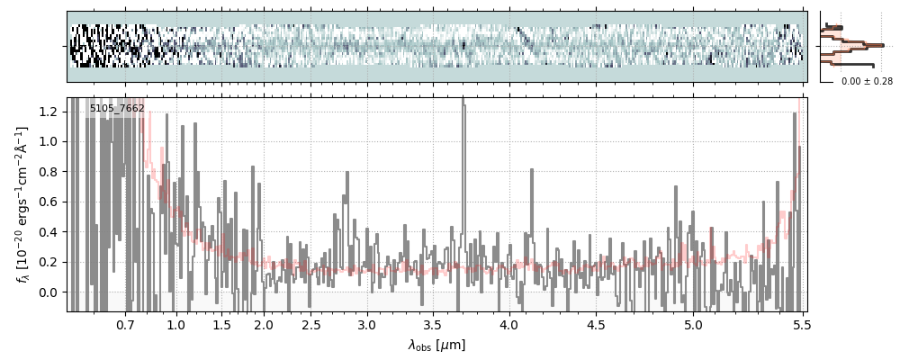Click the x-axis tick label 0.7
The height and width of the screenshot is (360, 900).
pos(125,324)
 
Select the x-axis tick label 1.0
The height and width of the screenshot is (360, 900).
pos(176,324)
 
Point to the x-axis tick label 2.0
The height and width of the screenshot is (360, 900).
pos(263,324)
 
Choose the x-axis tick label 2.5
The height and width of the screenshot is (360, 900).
pos(310,324)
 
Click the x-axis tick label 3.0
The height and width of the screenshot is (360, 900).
pos(366,324)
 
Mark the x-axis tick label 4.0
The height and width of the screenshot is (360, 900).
pos(509,324)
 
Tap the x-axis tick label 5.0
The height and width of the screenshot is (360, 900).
pos(693,324)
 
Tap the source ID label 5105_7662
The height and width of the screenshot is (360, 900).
pos(117,109)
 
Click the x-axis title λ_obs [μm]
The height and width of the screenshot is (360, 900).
pos(436,345)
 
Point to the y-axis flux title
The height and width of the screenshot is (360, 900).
pos(22,204)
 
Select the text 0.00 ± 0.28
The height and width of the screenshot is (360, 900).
pos(867,82)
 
